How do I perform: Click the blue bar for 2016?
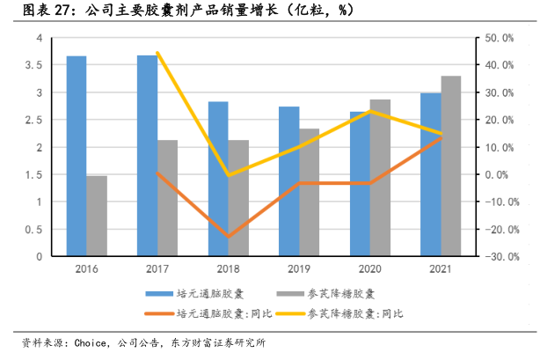tap(77, 157)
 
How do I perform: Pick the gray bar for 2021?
tap(451, 166)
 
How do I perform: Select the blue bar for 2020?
tap(360, 184)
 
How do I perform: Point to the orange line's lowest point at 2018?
tap(229, 237)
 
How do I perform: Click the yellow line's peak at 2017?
tap(157, 53)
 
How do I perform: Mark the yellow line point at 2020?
tap(371, 111)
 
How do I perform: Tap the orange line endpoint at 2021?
tap(441, 136)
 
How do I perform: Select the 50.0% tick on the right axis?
tap(499, 38)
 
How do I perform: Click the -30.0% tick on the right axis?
tap(499, 257)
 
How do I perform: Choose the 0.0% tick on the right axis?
tap(499, 174)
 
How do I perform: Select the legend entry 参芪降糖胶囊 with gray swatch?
tap(344, 293)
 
